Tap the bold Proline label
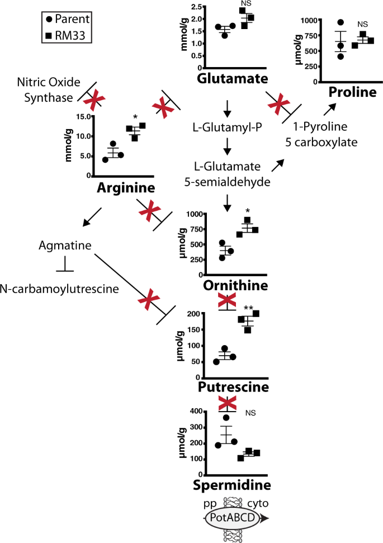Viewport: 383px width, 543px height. (x=352, y=92)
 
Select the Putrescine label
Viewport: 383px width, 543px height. (x=234, y=387)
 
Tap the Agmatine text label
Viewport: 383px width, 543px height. (x=65, y=245)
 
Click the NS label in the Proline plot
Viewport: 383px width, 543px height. (x=363, y=24)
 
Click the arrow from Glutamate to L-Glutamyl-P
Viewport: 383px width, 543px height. (x=227, y=107)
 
